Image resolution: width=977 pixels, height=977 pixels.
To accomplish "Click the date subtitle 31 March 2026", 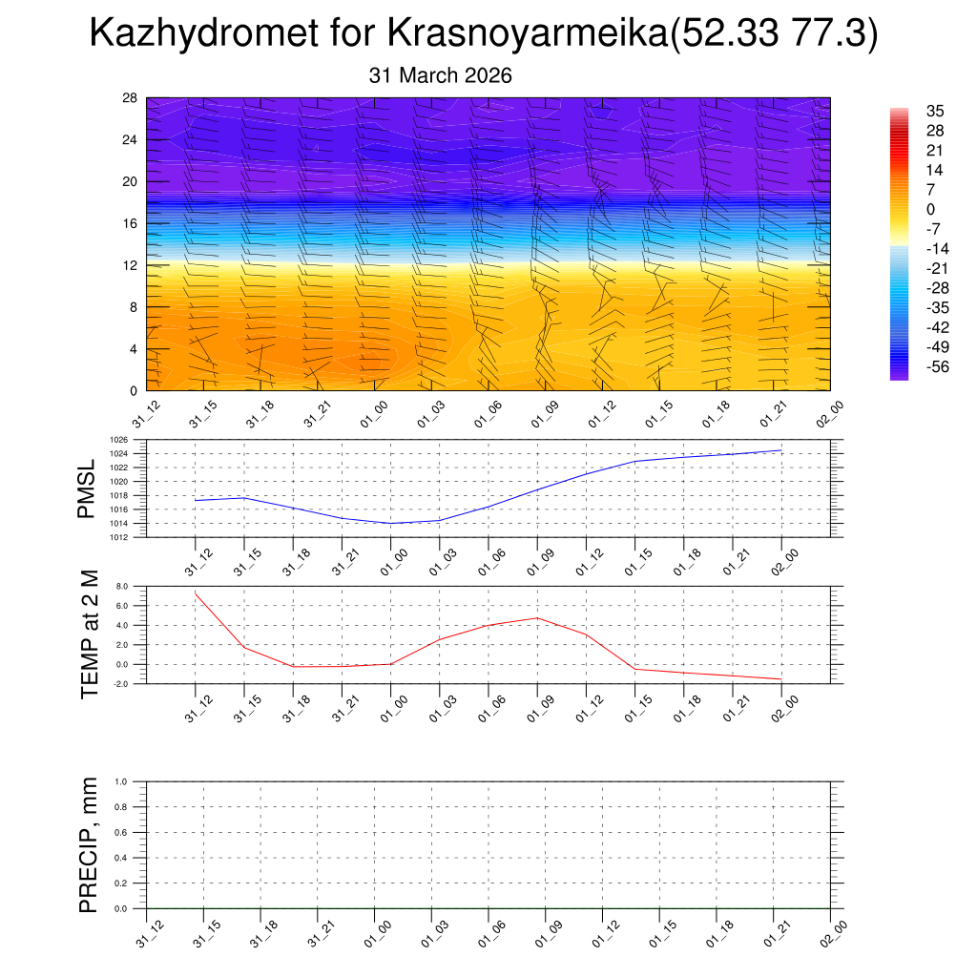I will (440, 75).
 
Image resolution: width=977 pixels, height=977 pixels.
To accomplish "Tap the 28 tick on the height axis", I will (131, 98).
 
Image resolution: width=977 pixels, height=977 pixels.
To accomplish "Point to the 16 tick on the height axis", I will (131, 223).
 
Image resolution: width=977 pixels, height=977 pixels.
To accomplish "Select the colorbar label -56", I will (938, 367).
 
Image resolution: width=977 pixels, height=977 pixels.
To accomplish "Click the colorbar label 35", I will (934, 111).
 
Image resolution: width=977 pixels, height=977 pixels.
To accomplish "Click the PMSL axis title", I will (87, 488).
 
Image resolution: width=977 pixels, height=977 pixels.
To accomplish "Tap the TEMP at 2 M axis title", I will (90, 634).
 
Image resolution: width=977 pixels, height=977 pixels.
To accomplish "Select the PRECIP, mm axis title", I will (89, 844).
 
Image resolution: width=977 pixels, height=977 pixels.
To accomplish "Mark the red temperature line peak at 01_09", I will (537, 618).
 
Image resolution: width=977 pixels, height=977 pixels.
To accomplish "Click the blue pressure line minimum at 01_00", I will (390, 523).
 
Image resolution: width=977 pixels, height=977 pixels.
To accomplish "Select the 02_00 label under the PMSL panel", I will (784, 555).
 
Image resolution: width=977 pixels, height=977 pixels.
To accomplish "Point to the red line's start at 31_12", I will (195, 593).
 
